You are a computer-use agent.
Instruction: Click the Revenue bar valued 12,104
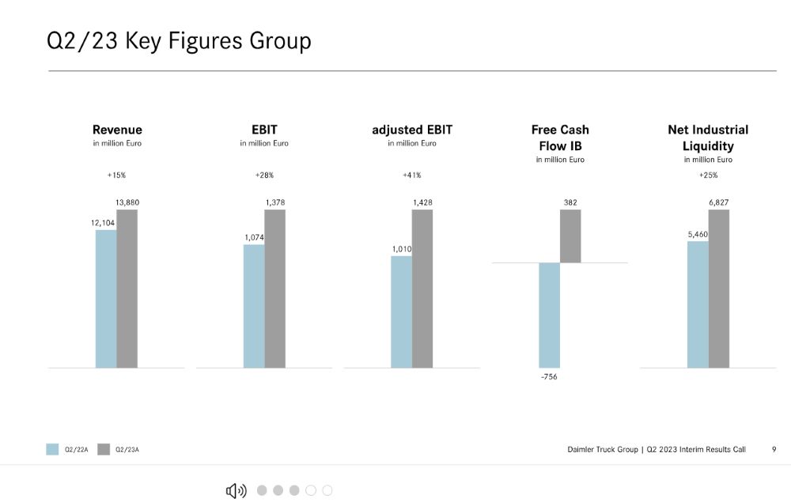pyautogui.click(x=106, y=298)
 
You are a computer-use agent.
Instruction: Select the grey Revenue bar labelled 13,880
pyautogui.click(x=127, y=289)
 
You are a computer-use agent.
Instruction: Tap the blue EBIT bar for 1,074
pyautogui.click(x=254, y=306)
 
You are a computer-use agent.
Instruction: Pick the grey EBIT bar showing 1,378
pyautogui.click(x=274, y=289)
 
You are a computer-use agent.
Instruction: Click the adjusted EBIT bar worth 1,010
pyautogui.click(x=401, y=311)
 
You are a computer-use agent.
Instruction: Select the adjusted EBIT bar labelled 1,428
pyautogui.click(x=422, y=289)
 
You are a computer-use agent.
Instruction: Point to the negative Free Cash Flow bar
pyautogui.click(x=549, y=315)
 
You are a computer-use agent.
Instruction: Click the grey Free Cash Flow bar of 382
pyautogui.click(x=570, y=236)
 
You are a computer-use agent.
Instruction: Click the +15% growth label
pyautogui.click(x=116, y=175)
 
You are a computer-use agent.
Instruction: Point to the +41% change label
pyautogui.click(x=411, y=175)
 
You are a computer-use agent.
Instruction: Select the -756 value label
pyautogui.click(x=549, y=377)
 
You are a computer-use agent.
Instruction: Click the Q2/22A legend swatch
pyautogui.click(x=52, y=449)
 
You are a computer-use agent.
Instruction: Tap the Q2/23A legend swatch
pyautogui.click(x=104, y=449)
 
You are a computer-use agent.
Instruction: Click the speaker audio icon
pyautogui.click(x=236, y=491)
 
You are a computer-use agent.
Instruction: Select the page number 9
pyautogui.click(x=774, y=449)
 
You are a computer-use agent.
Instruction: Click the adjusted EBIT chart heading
pyautogui.click(x=412, y=130)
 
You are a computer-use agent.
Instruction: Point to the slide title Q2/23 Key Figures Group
pyautogui.click(x=179, y=40)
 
